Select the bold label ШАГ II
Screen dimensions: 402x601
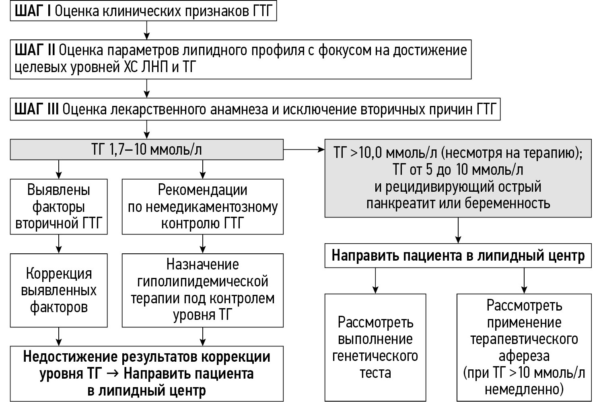pyautogui.click(x=35, y=50)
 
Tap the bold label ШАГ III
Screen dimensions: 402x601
pyautogui.click(x=37, y=110)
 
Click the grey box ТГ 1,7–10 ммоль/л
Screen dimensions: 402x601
pyautogui.click(x=146, y=150)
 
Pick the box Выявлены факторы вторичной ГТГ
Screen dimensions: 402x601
pyautogui.click(x=59, y=207)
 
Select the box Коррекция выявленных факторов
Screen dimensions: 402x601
pyautogui.click(x=59, y=290)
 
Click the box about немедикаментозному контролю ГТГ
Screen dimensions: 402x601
pyautogui.click(x=202, y=207)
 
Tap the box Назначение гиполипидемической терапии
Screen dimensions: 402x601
pyautogui.click(x=202, y=290)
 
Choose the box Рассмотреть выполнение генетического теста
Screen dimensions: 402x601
pyautogui.click(x=375, y=347)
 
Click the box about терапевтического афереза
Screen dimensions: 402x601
pyautogui.click(x=524, y=347)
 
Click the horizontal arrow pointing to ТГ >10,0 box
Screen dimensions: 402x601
pyautogui.click(x=304, y=150)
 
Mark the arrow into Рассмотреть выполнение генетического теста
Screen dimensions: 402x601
pyautogui.click(x=375, y=280)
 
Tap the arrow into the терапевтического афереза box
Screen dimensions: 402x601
pyautogui.click(x=524, y=280)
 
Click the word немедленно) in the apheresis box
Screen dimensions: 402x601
pyautogui.click(x=524, y=390)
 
